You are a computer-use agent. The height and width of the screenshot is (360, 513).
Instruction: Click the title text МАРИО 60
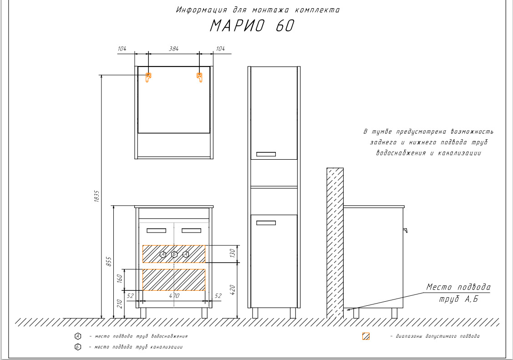point(252,26)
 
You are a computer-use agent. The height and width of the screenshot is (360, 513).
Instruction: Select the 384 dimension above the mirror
point(173,48)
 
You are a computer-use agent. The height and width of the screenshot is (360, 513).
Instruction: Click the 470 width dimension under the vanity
point(174,296)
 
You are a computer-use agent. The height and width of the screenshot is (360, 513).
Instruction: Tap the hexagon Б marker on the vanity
point(174,254)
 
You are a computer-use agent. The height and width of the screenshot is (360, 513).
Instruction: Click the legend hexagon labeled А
point(78,336)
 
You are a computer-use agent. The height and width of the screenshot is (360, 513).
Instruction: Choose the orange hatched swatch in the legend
point(366,336)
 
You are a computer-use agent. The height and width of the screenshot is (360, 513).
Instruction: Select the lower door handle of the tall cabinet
point(266,223)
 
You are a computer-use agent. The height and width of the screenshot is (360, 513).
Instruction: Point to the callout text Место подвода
point(458,287)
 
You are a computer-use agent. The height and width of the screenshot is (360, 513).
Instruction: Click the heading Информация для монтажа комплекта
point(258,10)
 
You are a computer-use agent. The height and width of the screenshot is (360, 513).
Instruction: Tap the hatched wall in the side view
point(335,241)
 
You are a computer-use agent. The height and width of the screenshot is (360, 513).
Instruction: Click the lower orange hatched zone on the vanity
point(174,279)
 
